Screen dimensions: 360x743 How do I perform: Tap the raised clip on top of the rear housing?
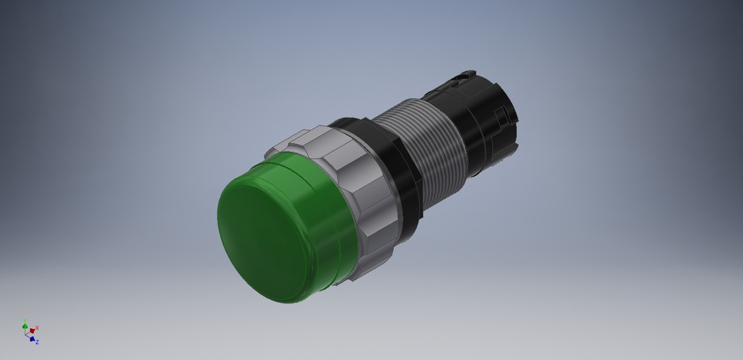[464, 76]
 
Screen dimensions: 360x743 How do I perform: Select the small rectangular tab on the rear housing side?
[505, 116]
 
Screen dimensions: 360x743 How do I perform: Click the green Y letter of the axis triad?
[25, 319]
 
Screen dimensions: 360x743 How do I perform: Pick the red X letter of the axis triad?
[37, 327]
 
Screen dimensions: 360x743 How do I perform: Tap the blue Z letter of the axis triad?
[37, 341]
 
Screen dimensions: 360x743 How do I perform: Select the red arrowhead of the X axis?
[33, 331]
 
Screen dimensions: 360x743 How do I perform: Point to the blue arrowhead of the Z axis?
[33, 338]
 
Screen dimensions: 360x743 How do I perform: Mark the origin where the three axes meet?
[26, 334]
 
